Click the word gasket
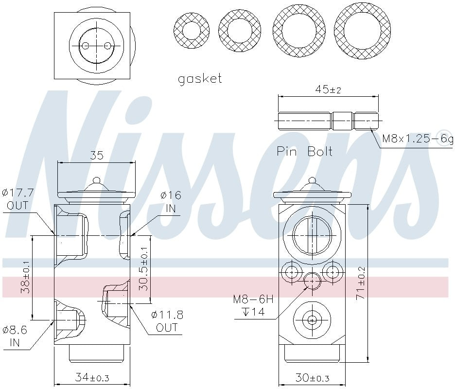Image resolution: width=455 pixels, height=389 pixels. click(200, 79)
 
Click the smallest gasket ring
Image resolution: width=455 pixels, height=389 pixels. click(191, 31)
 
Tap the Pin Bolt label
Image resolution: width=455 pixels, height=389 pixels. click(305, 151)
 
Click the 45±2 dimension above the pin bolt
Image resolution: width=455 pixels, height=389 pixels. click(329, 89)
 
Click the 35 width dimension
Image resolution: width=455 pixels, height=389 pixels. click(97, 156)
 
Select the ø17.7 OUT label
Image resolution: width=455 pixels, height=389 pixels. click(17, 199)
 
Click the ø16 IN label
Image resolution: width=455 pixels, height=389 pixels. click(171, 202)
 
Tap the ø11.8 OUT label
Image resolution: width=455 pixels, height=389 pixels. click(167, 321)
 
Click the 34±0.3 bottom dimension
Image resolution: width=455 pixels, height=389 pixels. click(92, 377)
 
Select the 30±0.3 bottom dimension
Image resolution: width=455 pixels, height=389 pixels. click(312, 377)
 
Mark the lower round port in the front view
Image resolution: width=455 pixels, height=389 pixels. click(312, 319)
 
